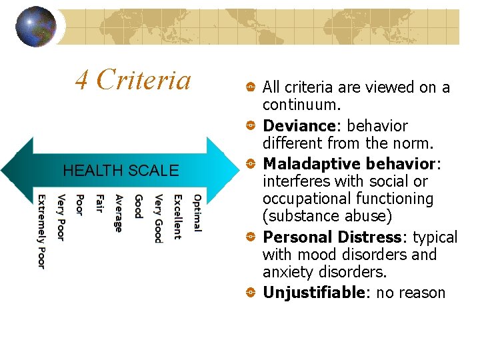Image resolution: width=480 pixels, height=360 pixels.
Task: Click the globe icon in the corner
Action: coord(36,27)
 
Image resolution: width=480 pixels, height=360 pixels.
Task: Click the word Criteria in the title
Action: coord(143,80)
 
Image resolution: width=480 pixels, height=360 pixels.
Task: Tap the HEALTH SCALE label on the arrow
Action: coord(121,171)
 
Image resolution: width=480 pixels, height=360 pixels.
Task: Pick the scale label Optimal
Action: coord(197,213)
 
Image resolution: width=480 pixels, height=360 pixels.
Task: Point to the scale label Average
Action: coord(119,213)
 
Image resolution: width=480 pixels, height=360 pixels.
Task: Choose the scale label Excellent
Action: coord(177,217)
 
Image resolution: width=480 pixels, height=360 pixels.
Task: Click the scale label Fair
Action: coord(100,204)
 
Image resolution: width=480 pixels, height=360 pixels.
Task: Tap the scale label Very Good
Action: coord(158,219)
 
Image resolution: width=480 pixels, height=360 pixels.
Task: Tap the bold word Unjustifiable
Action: coord(314,293)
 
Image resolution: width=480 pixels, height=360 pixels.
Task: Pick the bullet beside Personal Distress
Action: coord(248,237)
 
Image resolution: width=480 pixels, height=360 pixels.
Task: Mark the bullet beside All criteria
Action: coord(248,87)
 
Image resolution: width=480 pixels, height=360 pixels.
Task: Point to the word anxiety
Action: coord(289,273)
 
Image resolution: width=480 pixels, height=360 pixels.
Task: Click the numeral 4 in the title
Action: coord(82,81)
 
